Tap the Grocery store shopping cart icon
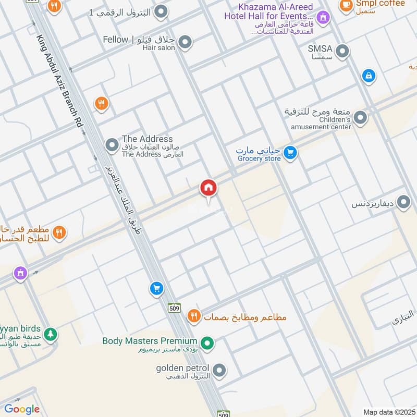click(x=291, y=153)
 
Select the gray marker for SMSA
click(x=342, y=51)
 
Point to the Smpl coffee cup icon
click(x=345, y=5)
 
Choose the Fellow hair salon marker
click(x=185, y=42)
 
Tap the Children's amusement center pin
click(x=360, y=118)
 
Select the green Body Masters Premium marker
click(x=207, y=343)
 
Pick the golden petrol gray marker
click(x=219, y=371)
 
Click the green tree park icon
click(x=50, y=334)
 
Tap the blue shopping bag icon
click(x=369, y=76)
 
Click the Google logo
click(x=22, y=409)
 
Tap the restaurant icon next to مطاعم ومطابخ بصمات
click(x=194, y=316)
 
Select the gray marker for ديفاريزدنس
click(x=403, y=202)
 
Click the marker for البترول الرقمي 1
click(x=162, y=11)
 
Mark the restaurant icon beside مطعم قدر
click(x=59, y=232)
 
